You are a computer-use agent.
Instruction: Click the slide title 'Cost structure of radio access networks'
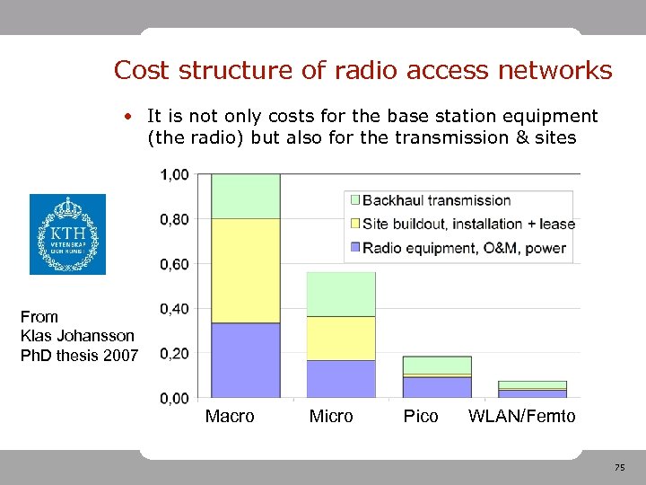click(362, 70)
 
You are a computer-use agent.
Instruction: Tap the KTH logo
click(67, 234)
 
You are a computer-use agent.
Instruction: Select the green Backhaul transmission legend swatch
click(355, 200)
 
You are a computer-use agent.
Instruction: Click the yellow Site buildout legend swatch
click(355, 224)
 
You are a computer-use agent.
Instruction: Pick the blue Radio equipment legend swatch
click(355, 248)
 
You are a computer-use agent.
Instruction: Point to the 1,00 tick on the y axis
click(175, 174)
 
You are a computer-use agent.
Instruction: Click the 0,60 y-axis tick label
click(175, 264)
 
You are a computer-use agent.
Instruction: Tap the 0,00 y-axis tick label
click(175, 398)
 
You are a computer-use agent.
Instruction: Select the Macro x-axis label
click(230, 417)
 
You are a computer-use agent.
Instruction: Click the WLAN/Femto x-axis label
click(522, 417)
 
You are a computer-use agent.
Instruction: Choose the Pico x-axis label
click(421, 417)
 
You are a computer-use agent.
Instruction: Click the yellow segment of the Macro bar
click(245, 269)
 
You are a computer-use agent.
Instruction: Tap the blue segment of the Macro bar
click(245, 360)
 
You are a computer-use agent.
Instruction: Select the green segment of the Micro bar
click(341, 294)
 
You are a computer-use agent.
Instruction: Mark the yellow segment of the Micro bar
click(341, 338)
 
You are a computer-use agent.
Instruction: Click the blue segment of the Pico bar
click(437, 387)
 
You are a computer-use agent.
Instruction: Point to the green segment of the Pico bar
click(437, 365)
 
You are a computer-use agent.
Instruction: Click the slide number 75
click(619, 468)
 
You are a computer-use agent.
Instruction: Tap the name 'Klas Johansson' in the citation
click(77, 336)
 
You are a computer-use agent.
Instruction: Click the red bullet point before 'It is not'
click(130, 117)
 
